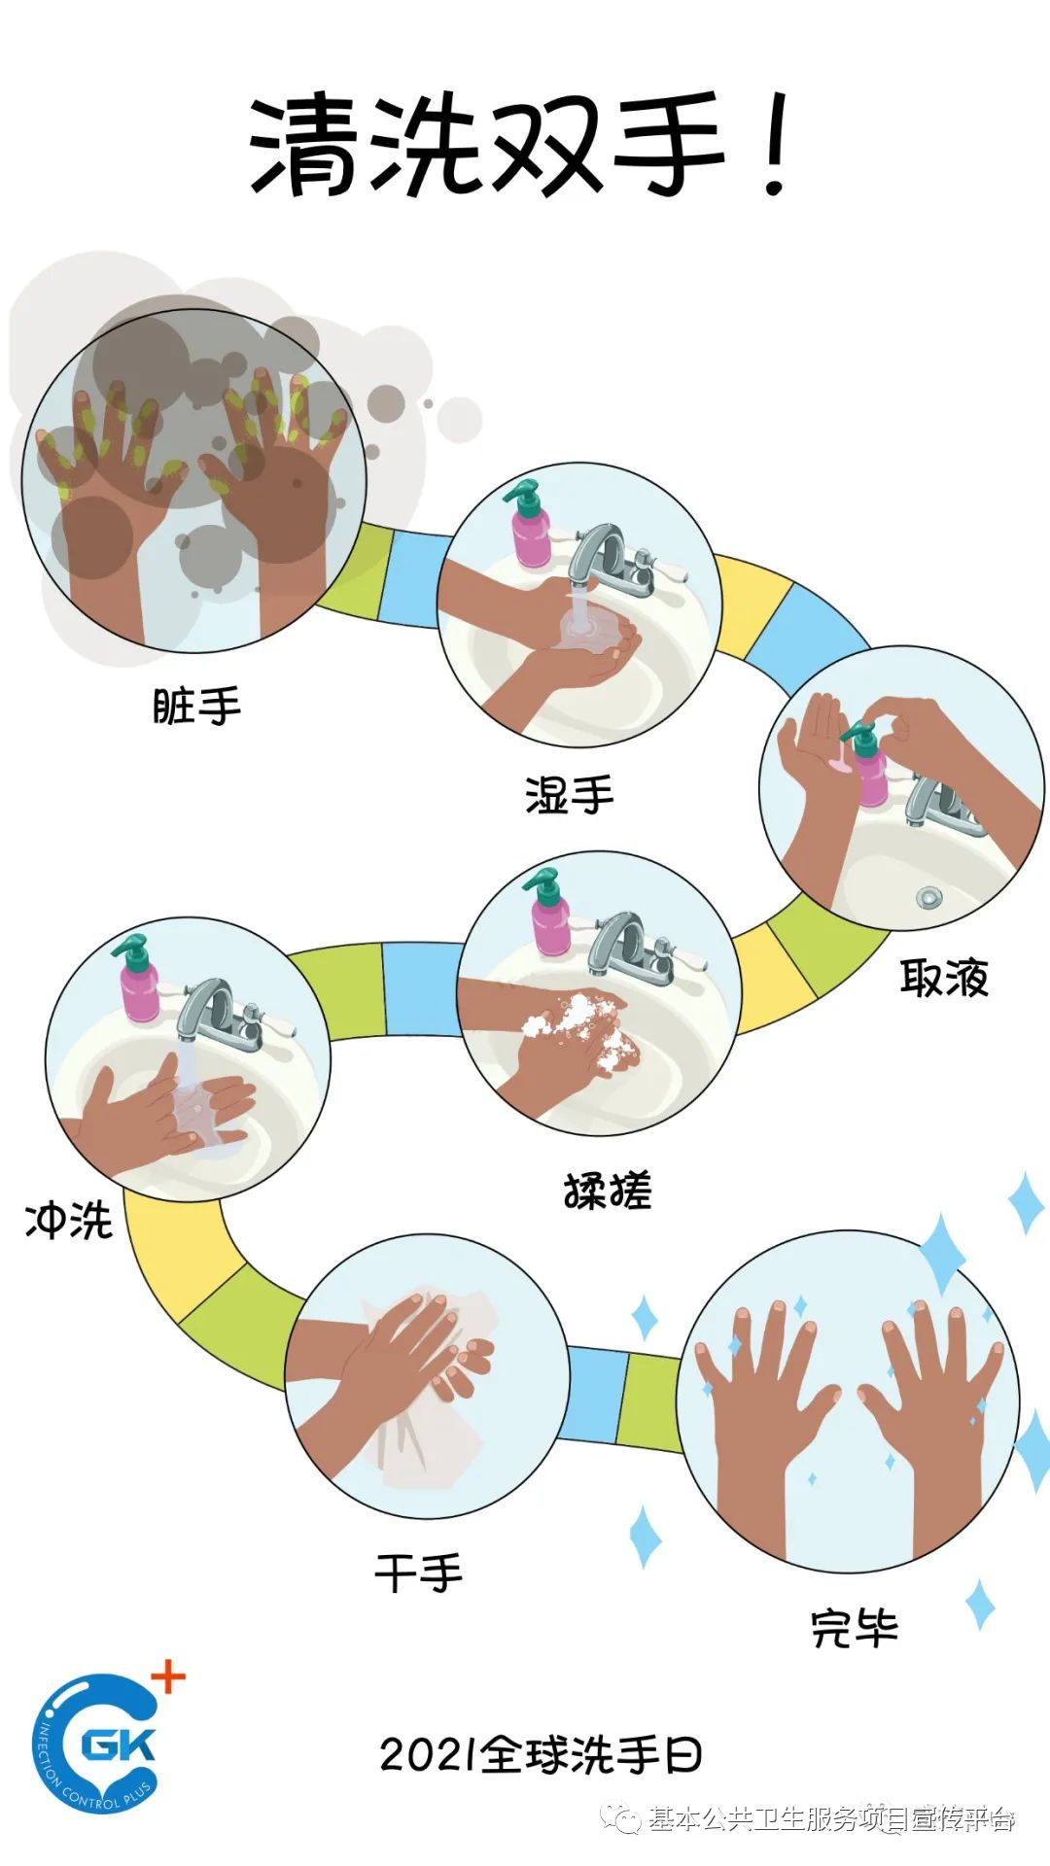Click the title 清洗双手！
click(x=520, y=146)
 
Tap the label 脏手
click(x=196, y=707)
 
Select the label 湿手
click(x=570, y=796)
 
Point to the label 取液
click(x=944, y=978)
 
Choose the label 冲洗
click(x=69, y=1221)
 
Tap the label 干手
click(x=419, y=1572)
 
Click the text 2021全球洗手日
click(x=541, y=1755)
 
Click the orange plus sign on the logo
click(x=168, y=1676)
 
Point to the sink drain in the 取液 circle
click(x=929, y=896)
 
